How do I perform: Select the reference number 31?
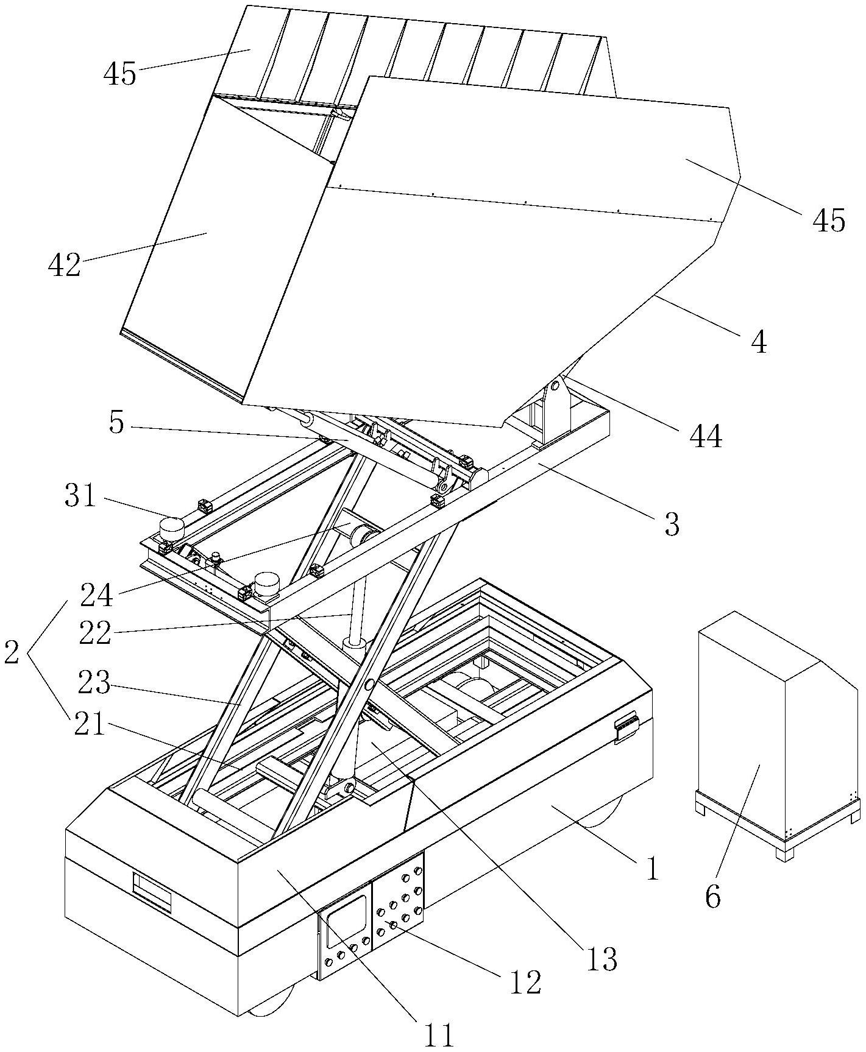(x=81, y=496)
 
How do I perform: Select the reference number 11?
(x=439, y=1034)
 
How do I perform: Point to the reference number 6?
(x=712, y=895)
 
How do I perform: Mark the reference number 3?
(x=671, y=523)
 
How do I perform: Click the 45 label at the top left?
(x=120, y=74)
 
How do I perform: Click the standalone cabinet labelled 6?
(x=780, y=737)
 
